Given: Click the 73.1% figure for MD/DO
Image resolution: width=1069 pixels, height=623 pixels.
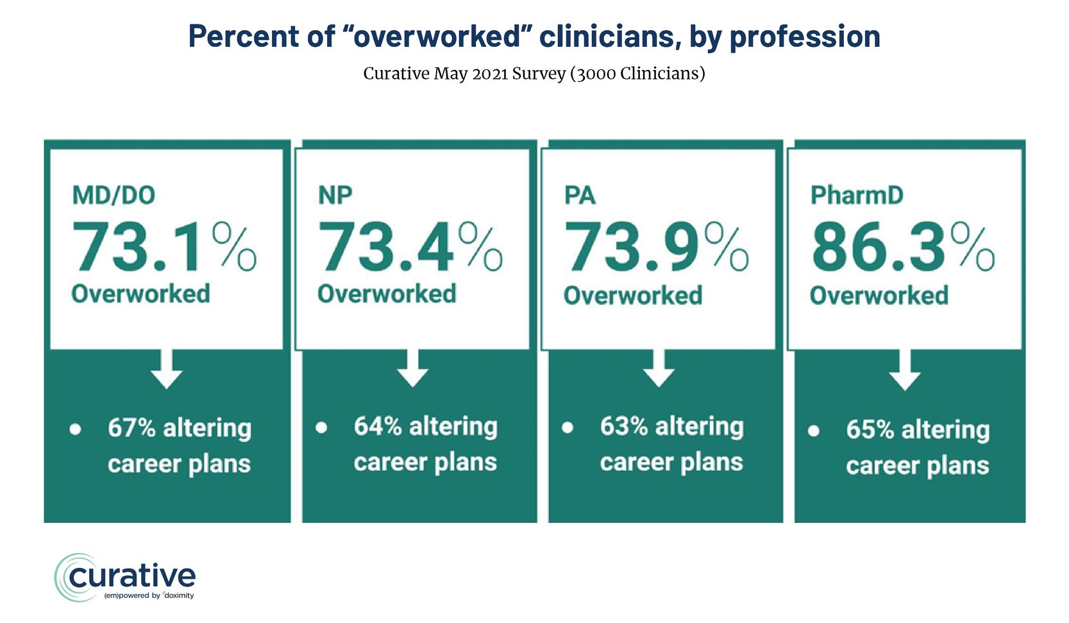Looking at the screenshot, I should point(164,247).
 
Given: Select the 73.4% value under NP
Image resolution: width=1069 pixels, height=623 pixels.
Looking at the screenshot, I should point(410,247).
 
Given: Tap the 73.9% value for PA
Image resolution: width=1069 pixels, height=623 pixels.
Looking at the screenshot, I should point(655,247).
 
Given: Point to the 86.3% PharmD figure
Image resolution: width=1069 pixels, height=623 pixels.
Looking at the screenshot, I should point(902,247).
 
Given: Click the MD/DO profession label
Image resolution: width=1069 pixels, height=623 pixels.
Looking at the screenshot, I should point(114,195).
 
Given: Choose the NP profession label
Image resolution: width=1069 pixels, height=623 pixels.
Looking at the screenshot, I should point(335,195).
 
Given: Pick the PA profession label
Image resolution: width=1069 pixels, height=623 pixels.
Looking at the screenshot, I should point(580,195).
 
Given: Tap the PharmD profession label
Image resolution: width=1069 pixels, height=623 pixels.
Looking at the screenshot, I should point(857,195).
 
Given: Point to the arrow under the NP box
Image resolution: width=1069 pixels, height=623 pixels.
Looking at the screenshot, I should point(413,369).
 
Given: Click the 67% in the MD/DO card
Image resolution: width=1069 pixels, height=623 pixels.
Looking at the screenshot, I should point(131,427).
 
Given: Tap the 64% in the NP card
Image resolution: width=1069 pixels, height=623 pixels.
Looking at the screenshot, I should point(378,426).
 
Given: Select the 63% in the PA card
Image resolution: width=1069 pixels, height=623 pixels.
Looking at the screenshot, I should point(624,426).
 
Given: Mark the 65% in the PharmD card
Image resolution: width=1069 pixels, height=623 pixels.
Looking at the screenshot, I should point(870,429).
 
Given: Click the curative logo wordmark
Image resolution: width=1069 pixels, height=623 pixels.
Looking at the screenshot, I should point(131,576).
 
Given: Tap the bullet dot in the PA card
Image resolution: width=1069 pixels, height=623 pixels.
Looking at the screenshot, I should point(568,427).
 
